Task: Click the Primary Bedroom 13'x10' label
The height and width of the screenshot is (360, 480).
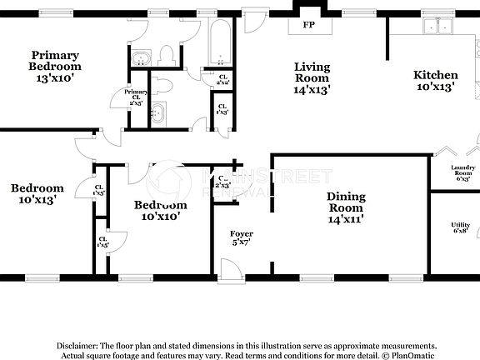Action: (x=55, y=66)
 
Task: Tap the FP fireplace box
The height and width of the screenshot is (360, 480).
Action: (x=308, y=25)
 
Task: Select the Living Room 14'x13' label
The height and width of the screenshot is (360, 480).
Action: (x=312, y=79)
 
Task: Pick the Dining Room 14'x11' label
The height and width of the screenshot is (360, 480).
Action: (x=345, y=208)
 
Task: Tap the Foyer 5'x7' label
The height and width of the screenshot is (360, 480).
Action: (x=242, y=239)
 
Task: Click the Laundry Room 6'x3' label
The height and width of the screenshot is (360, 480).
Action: (x=462, y=173)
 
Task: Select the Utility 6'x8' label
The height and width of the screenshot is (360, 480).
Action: (x=461, y=227)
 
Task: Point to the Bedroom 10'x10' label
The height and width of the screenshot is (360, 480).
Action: (x=160, y=210)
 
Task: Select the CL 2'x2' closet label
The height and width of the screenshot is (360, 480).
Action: (x=222, y=81)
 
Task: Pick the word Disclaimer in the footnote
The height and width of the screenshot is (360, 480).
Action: (x=77, y=345)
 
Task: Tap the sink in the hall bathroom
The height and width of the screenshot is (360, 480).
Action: (x=158, y=112)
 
